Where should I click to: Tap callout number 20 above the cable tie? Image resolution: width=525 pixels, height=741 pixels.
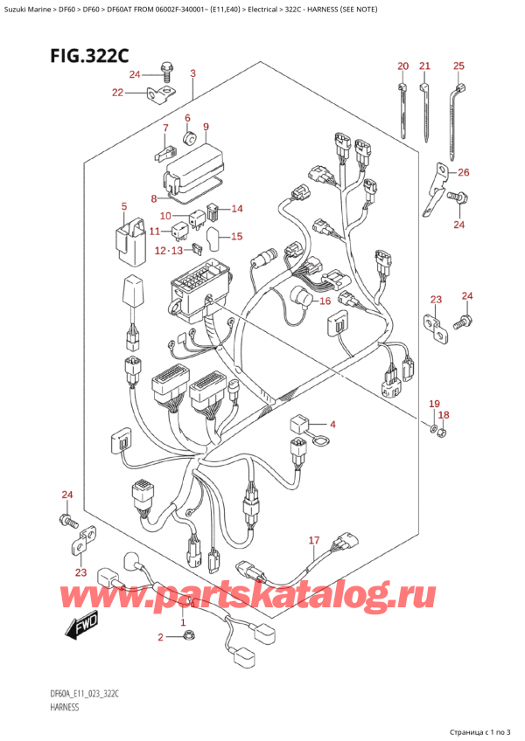402,66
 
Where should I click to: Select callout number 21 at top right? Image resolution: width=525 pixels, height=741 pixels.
425,66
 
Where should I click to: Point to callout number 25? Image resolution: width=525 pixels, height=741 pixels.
459,66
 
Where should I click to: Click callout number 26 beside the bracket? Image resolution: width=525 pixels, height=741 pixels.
464,172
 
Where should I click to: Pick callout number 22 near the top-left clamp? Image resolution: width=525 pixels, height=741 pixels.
118,93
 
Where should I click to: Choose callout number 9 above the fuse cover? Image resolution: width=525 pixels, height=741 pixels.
206,128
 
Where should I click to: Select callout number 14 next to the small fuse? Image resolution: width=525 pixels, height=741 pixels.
237,209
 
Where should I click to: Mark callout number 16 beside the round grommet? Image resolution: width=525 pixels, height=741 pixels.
325,301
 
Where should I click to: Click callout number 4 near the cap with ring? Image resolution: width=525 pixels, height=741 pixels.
332,425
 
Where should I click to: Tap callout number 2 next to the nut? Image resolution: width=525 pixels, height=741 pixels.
160,638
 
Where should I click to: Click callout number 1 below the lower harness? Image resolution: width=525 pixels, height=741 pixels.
183,621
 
